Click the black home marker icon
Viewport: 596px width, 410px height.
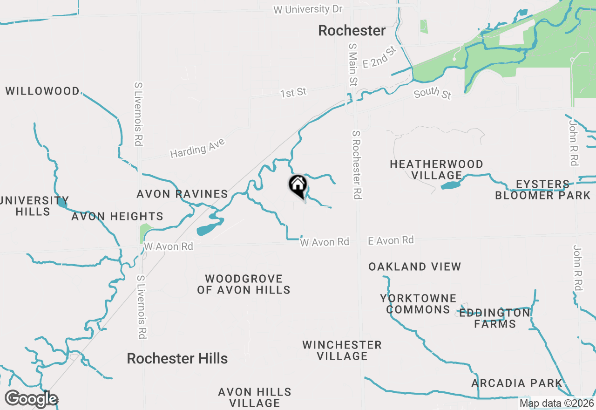point(298,185)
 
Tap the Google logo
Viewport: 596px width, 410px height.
point(31,399)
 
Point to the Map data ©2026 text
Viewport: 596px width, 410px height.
point(556,403)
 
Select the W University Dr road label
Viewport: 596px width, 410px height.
point(308,9)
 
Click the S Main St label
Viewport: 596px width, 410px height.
point(352,65)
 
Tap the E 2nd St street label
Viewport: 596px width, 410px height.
point(379,57)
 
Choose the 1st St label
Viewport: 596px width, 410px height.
point(293,93)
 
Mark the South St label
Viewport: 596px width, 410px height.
point(433,93)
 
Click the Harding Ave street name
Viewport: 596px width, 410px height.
point(197,148)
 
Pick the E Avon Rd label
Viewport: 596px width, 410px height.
point(391,240)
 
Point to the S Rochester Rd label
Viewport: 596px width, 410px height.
point(357,165)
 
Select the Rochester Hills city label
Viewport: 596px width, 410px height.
point(177,358)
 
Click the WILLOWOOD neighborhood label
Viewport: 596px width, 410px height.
point(43,91)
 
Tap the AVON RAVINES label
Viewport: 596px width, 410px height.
point(182,194)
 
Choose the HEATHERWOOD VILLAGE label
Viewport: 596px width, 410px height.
point(436,170)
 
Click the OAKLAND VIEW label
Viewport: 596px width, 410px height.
point(414,266)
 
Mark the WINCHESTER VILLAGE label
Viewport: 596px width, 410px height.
point(342,350)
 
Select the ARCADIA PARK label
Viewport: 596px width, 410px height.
point(517,383)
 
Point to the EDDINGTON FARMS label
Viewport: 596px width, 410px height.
point(494,319)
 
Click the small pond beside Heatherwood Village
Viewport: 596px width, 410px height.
point(450,185)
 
